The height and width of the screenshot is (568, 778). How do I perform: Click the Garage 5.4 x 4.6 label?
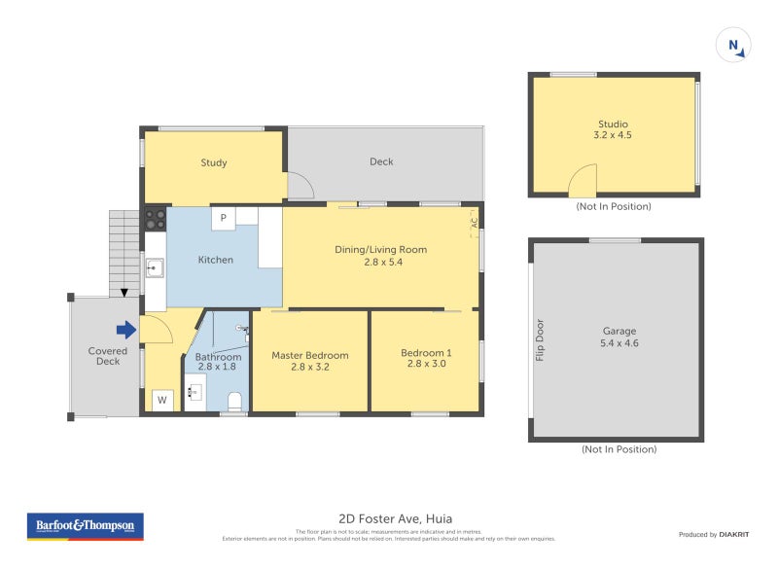pos(619,337)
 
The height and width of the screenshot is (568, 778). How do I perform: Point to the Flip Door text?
pos(541,340)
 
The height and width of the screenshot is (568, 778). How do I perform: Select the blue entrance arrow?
pos(125,330)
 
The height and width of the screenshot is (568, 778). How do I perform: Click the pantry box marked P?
pos(223,218)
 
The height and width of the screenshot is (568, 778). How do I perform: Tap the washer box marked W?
pos(161,399)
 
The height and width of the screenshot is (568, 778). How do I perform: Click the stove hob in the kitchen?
pos(155,220)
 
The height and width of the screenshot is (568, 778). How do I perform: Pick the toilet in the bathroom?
pos(233,400)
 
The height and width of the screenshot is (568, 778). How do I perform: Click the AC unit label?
pos(474,222)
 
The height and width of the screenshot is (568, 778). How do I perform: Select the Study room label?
pos(214,162)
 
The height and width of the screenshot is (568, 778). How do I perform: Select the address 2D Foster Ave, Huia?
pos(395,518)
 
